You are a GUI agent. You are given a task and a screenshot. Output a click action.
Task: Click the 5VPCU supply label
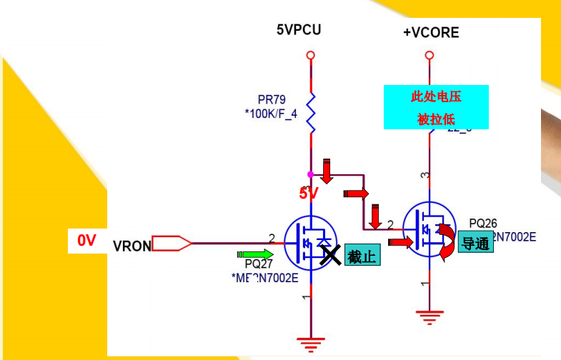click(299, 29)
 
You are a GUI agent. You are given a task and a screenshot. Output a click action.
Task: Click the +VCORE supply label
click(430, 33)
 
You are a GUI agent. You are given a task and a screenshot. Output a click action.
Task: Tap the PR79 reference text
click(272, 100)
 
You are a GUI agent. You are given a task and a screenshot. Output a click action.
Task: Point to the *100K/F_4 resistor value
click(272, 114)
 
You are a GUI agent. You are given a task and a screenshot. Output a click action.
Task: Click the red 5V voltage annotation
click(308, 193)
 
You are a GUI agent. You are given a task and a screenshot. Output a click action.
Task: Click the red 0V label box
click(87, 241)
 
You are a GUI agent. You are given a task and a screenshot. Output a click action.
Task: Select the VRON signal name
click(131, 246)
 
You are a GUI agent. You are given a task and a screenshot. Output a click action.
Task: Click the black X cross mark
click(329, 254)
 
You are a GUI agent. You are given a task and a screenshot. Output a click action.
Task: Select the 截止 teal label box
click(362, 256)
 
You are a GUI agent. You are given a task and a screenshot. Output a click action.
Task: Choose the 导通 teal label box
click(475, 244)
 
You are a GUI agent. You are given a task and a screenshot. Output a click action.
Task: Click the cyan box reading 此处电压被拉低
click(436, 107)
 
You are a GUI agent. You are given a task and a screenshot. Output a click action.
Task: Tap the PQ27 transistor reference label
click(259, 264)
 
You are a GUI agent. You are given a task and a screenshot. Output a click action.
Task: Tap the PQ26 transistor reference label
click(483, 224)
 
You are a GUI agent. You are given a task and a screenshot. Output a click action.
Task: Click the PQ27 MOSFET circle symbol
click(310, 243)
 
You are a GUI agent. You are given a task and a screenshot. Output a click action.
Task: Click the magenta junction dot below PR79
click(310, 174)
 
